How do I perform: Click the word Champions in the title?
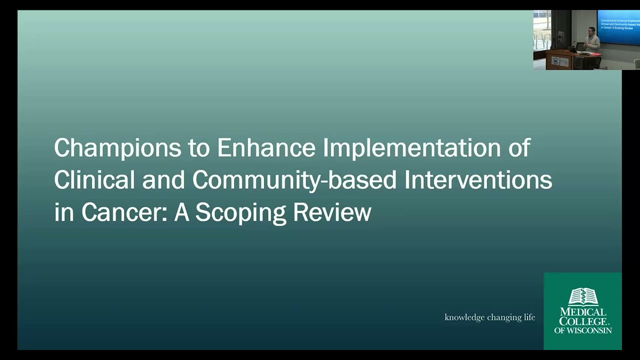117,148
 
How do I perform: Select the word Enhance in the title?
266,148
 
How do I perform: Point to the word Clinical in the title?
94,180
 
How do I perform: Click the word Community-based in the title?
294,180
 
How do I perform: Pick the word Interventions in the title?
478,180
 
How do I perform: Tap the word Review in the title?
332,212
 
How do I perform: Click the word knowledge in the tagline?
464,317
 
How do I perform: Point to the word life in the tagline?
529,317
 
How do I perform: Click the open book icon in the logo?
583,296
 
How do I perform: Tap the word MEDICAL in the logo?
583,311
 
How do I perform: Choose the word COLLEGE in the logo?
582,321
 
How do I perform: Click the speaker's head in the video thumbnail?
591,31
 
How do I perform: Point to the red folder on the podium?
571,49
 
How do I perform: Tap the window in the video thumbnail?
541,30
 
